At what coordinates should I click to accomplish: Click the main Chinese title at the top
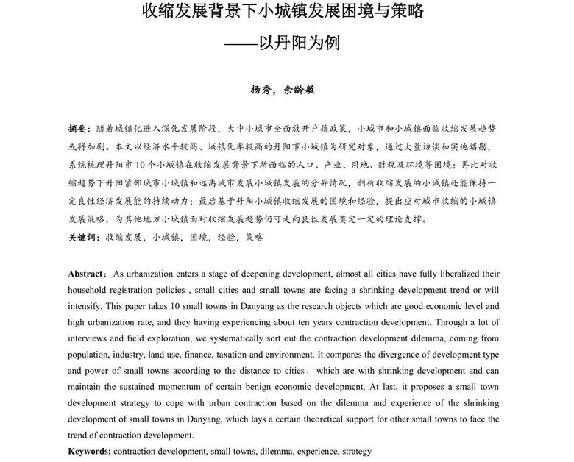point(283,13)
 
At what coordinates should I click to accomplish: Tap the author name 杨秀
point(261,90)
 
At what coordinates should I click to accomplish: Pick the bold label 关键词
point(82,238)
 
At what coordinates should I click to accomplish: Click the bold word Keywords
point(89,451)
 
